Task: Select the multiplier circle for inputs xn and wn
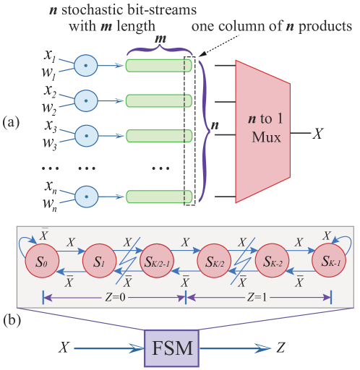click(x=86, y=196)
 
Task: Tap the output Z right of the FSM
click(x=280, y=348)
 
